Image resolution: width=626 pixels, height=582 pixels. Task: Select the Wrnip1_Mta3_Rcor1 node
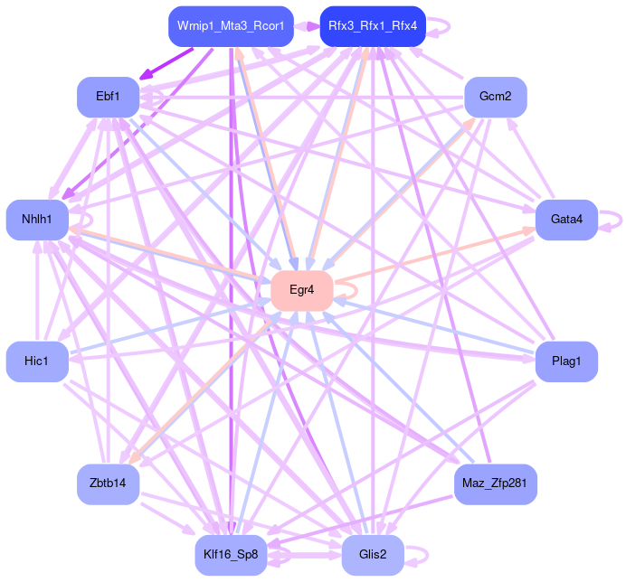pos(231,26)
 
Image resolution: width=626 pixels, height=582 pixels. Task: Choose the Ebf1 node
pos(107,97)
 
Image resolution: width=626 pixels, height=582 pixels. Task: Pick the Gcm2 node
pos(495,97)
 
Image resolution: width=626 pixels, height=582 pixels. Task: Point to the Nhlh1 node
pos(37,220)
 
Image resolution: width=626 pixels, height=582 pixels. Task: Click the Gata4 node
pos(566,220)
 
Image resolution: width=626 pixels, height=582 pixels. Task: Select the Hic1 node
pos(37,361)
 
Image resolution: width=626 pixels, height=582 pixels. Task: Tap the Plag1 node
pos(566,361)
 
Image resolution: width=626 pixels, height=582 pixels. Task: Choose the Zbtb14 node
pos(107,484)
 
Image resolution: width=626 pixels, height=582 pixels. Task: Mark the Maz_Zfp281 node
pos(495,484)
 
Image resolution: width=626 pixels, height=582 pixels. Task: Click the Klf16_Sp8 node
pos(231,555)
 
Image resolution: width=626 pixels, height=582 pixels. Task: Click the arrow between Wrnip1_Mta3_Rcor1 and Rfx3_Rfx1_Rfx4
pos(307,26)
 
